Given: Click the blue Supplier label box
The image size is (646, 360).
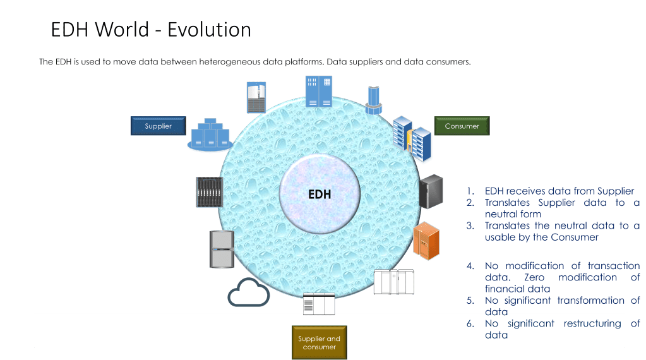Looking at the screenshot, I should (x=158, y=126).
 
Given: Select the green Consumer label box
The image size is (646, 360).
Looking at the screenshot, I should (x=462, y=126).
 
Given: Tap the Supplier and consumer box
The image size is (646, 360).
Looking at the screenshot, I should (x=319, y=343).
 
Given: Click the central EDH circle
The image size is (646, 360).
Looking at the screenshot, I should (x=320, y=194).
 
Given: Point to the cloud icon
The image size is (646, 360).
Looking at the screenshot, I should (x=248, y=292).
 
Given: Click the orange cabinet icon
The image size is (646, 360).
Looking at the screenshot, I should (x=426, y=241).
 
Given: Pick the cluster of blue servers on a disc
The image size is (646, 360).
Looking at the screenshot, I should (x=210, y=136).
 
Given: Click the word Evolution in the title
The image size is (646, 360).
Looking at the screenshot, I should (x=209, y=30).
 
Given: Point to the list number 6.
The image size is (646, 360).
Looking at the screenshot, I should (x=470, y=324).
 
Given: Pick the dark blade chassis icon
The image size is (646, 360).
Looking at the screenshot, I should (x=210, y=192).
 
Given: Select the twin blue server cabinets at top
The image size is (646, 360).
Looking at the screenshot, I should (x=319, y=92).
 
